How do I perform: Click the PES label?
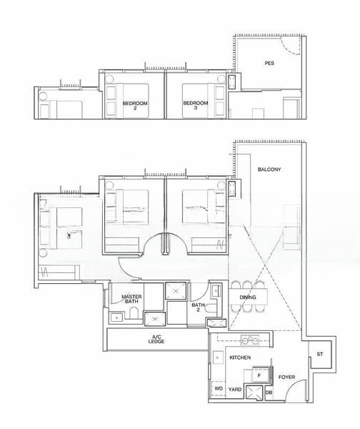tap(269, 63)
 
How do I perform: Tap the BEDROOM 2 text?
tap(134, 106)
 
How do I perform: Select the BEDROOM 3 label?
tap(195, 106)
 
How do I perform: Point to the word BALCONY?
tap(269, 169)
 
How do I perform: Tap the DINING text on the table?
tap(248, 297)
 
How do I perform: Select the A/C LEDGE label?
tap(156, 340)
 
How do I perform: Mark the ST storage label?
tap(319, 355)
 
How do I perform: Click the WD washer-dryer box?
tap(218, 389)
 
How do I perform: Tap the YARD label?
tap(234, 390)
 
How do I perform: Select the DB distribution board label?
tap(269, 392)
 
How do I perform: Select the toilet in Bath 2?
tap(214, 291)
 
